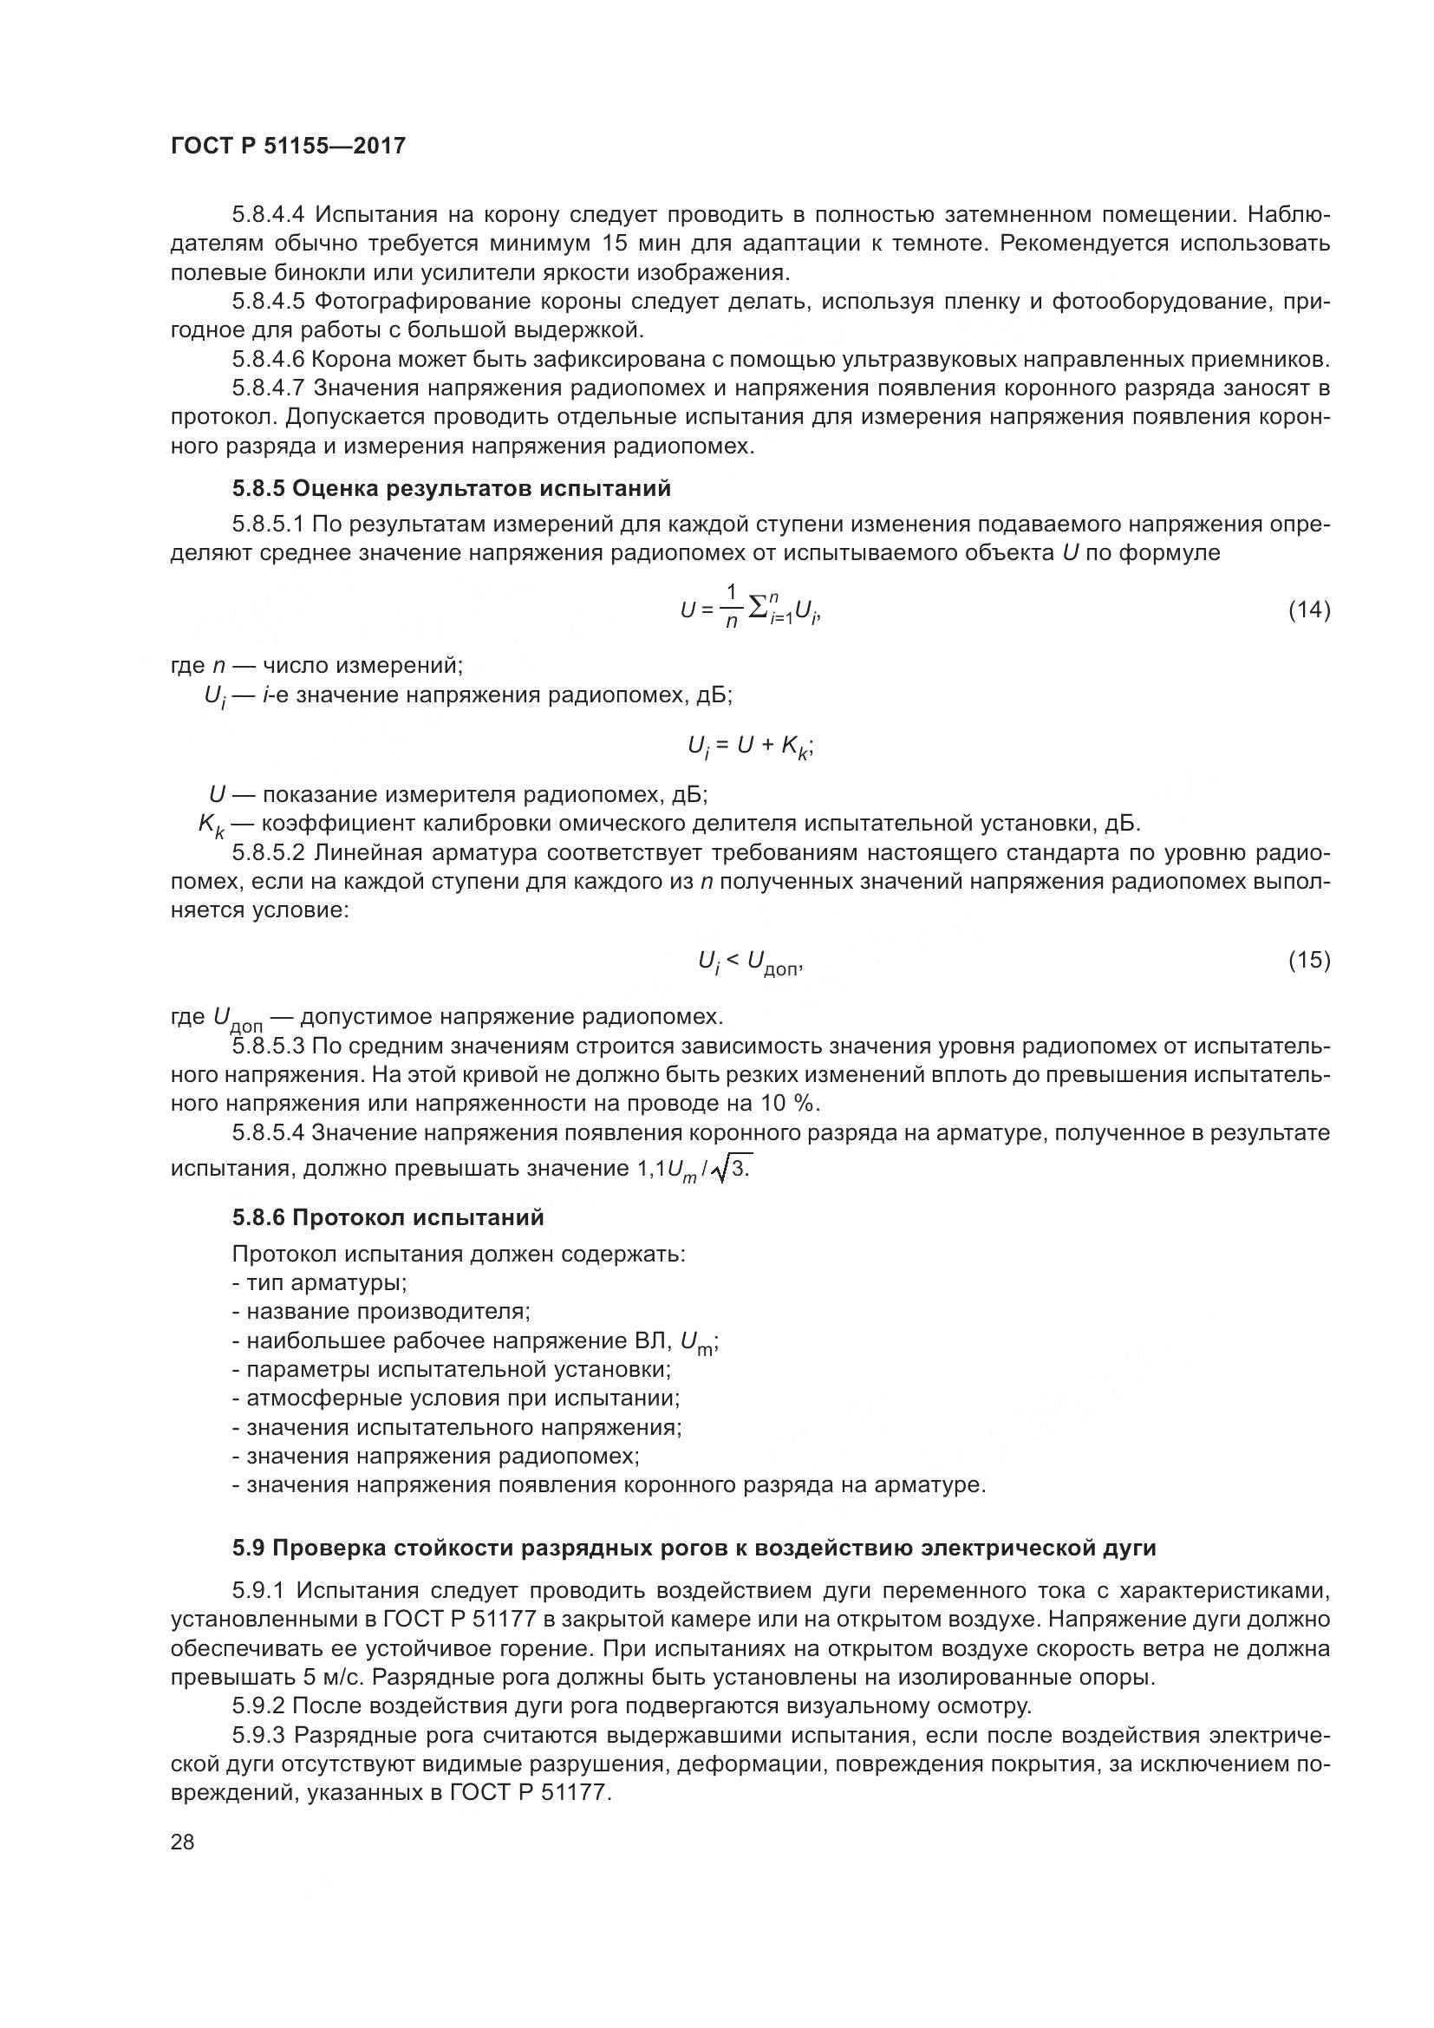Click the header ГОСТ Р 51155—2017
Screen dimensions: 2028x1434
coord(288,146)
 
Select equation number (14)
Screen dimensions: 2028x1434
coord(1308,609)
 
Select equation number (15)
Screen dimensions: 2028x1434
coord(1308,959)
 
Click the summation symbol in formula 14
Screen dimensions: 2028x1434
coord(757,609)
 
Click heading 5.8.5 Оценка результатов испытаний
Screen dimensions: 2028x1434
coord(451,488)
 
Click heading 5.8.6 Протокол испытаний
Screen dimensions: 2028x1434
coord(388,1217)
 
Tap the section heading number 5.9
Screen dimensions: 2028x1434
coord(249,1549)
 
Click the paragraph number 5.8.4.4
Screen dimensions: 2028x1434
coord(269,215)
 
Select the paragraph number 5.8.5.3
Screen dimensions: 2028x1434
coord(269,1047)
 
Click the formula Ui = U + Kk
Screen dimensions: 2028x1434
coord(750,747)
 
